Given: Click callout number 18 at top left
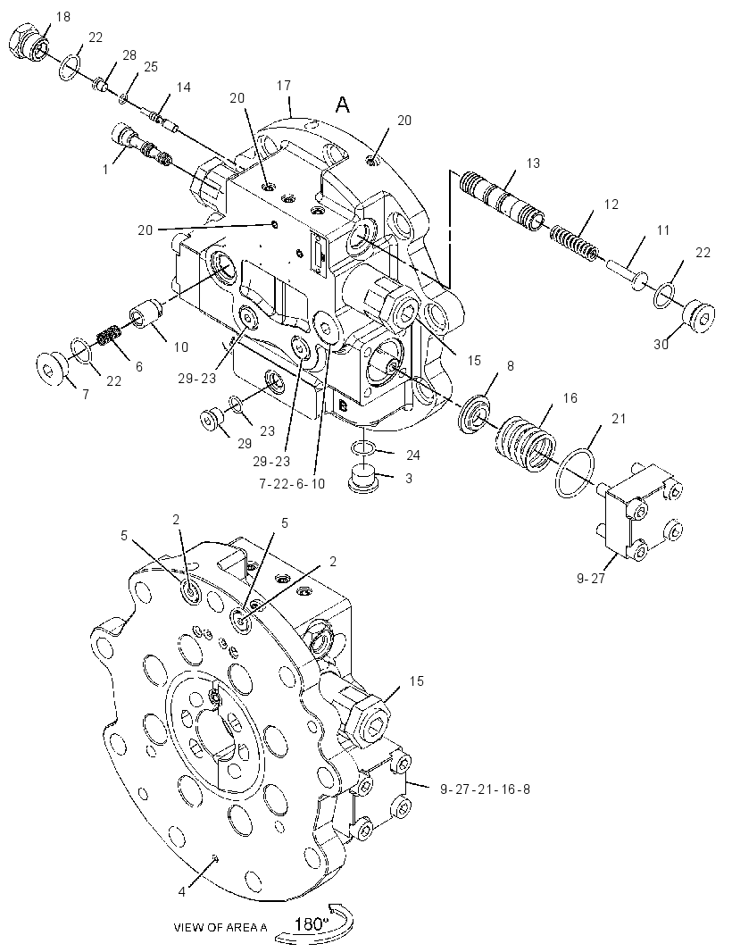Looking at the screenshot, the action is pos(63,17).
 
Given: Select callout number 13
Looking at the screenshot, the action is pos(533,163).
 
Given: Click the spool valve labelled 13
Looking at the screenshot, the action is pos(502,200).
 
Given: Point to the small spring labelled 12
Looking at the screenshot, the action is pos(574,242).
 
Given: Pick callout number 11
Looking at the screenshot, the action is pos(663,230).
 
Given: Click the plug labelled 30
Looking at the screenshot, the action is pos(697,318).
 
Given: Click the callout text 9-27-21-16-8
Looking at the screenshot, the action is pos(485,789).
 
